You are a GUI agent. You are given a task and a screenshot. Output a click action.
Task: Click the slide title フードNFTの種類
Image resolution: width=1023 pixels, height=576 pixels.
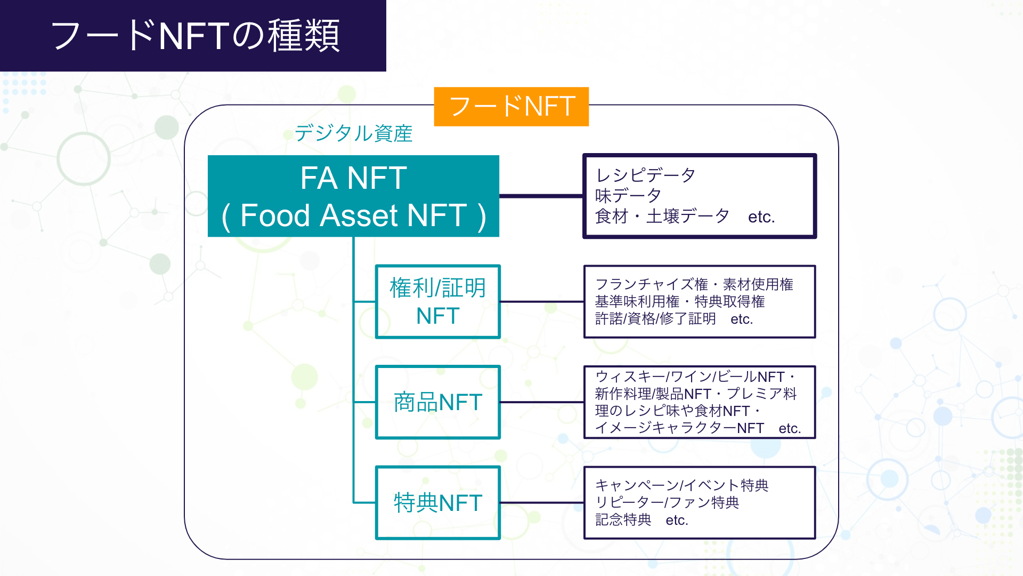pyautogui.click(x=195, y=36)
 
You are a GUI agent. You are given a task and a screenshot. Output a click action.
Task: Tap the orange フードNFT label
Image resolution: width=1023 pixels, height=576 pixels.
pyautogui.click(x=511, y=106)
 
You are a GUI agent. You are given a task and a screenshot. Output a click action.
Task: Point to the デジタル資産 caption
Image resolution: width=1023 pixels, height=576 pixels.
pyautogui.click(x=353, y=133)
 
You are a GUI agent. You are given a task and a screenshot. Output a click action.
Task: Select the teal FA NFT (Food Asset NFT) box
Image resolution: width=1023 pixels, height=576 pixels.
pyautogui.click(x=353, y=196)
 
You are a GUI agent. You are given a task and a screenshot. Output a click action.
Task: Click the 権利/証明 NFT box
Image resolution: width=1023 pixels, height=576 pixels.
pyautogui.click(x=437, y=302)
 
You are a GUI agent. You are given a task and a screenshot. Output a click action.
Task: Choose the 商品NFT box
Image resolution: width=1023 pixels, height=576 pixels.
pyautogui.click(x=437, y=402)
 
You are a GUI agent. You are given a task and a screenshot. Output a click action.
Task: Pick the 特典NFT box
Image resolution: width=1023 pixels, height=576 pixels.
pyautogui.click(x=437, y=503)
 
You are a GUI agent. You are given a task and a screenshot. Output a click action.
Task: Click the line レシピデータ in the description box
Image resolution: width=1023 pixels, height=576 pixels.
pyautogui.click(x=645, y=175)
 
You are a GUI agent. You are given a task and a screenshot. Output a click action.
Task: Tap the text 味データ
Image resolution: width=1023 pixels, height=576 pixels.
pyautogui.click(x=628, y=196)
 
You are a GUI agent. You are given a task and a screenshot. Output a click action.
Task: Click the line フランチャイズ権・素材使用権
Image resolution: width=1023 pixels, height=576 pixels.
pyautogui.click(x=694, y=284)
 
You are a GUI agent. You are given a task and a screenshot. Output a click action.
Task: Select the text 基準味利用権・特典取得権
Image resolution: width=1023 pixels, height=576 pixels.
pyautogui.click(x=679, y=301)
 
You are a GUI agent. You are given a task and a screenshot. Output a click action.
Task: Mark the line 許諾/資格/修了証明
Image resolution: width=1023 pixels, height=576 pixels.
pyautogui.click(x=655, y=319)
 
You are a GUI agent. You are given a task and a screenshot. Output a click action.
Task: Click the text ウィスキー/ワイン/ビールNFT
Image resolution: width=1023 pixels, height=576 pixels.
pyautogui.click(x=689, y=377)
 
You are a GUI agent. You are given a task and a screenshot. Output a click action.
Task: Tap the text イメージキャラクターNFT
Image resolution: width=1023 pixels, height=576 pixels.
pyautogui.click(x=679, y=428)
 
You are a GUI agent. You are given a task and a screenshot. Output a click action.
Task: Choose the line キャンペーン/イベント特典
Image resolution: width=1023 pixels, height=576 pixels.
pyautogui.click(x=681, y=485)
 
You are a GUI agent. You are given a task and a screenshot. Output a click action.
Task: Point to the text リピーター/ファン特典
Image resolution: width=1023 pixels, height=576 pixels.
pyautogui.click(x=667, y=502)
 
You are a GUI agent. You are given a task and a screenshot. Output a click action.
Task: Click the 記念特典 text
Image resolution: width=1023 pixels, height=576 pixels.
pyautogui.click(x=623, y=519)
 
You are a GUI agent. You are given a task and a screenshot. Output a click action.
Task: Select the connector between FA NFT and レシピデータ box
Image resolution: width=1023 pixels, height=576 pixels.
pyautogui.click(x=541, y=196)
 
